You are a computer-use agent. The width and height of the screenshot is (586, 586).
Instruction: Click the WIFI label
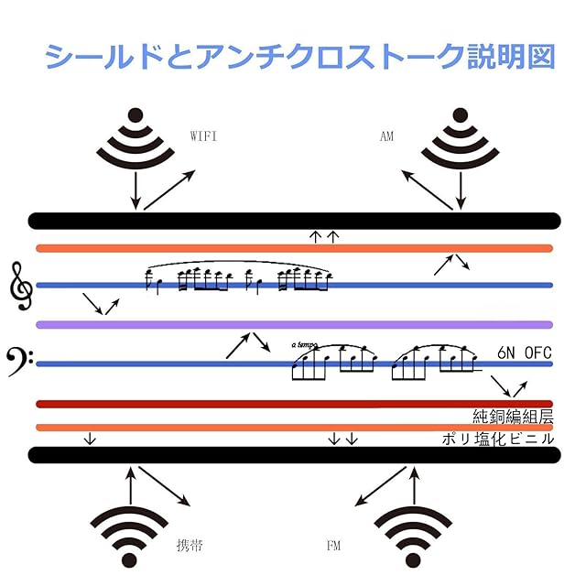[x=203, y=136]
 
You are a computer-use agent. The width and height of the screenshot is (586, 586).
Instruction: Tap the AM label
[x=385, y=136]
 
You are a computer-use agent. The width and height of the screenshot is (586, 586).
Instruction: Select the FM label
[x=333, y=546]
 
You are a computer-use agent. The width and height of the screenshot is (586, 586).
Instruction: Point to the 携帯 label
[x=189, y=546]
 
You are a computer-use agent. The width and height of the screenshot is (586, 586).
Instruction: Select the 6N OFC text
[x=525, y=353]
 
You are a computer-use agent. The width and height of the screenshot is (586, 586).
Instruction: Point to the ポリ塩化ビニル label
[x=498, y=439]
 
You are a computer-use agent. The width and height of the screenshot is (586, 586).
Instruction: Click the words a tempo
[x=305, y=345]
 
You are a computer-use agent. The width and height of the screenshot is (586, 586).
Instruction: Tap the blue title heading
[x=300, y=56]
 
